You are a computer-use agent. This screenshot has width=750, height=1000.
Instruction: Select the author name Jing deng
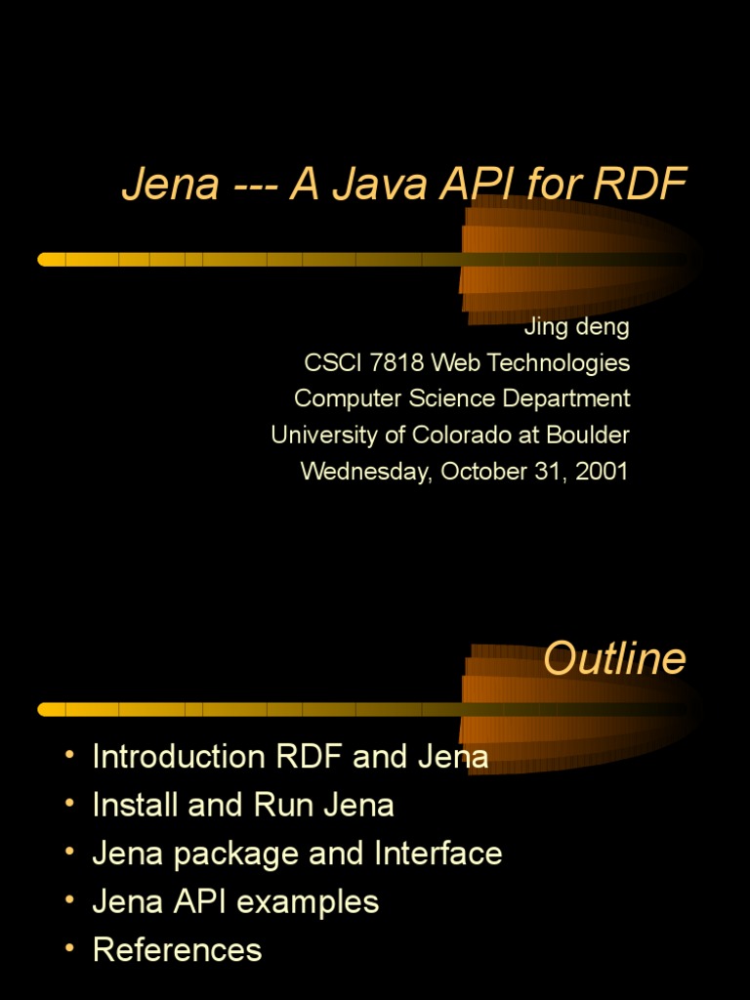(577, 326)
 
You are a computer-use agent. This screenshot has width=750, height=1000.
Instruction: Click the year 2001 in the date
(603, 471)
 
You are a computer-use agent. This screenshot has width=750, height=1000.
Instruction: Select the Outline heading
(614, 659)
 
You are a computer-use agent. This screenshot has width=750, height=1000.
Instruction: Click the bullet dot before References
(69, 948)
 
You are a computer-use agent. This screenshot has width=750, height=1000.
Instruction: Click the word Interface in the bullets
(437, 854)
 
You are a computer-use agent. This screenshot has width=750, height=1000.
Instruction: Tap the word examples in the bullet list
(313, 901)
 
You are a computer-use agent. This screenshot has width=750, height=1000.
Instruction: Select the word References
(177, 949)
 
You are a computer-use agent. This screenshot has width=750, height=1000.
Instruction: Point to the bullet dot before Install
(69, 804)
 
